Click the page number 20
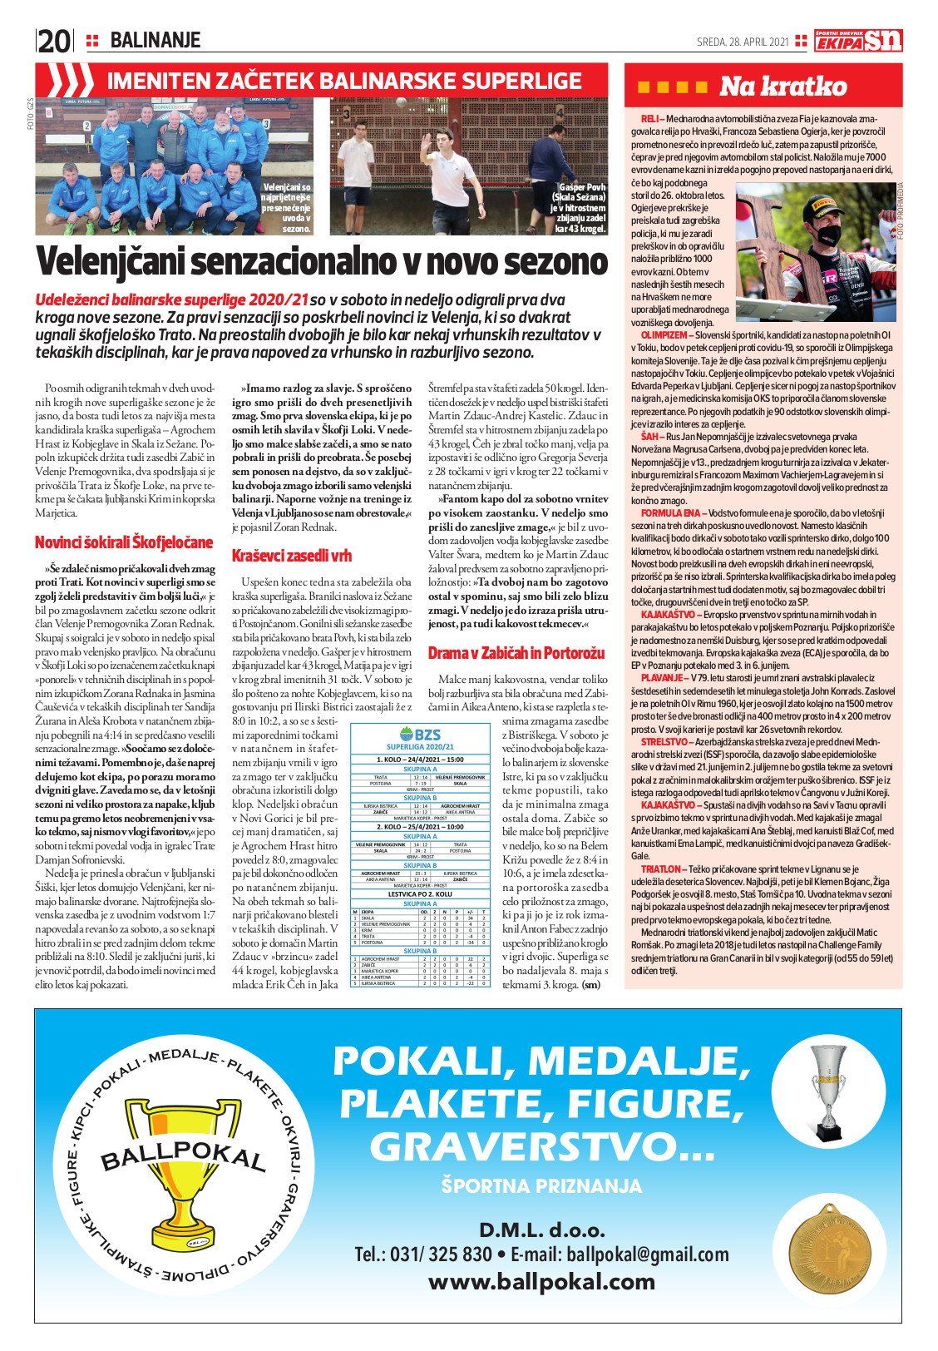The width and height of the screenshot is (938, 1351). (x=54, y=41)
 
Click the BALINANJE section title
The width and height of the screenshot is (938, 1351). (x=156, y=40)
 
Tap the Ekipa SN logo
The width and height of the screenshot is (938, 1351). (x=858, y=41)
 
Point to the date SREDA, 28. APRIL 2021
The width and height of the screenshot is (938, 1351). (x=742, y=42)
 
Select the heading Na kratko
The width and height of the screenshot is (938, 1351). (x=782, y=87)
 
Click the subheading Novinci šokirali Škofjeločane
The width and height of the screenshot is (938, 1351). (x=124, y=542)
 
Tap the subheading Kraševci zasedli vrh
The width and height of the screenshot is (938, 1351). (x=291, y=554)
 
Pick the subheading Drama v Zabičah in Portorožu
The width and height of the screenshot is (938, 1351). (x=516, y=653)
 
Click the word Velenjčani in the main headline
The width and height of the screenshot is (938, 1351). (x=131, y=262)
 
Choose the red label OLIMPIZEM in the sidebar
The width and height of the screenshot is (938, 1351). (x=657, y=333)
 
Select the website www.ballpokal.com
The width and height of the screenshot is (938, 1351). (x=541, y=1282)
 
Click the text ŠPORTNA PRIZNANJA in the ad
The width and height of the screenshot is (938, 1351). (x=541, y=1185)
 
